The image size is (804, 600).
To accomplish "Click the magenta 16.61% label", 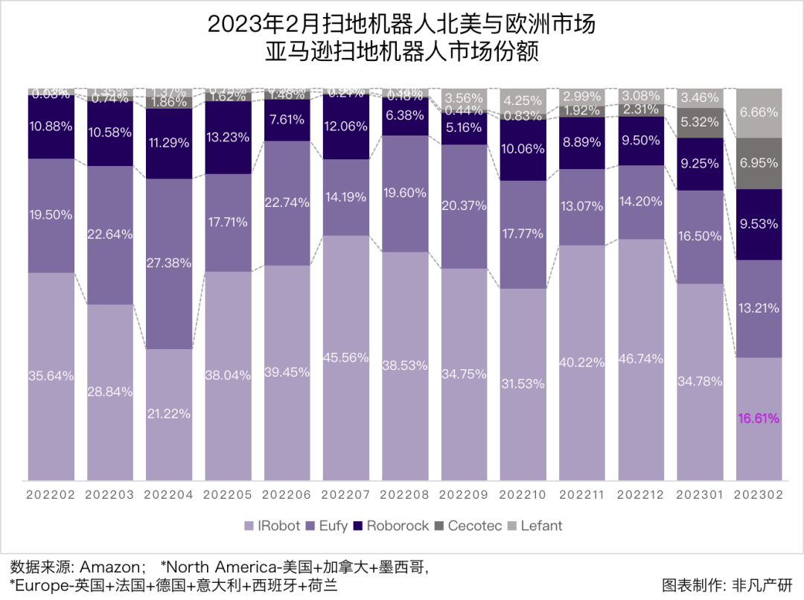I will click(759, 418).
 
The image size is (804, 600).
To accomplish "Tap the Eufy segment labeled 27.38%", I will click(169, 264).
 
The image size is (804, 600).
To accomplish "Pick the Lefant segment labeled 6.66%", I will click(759, 112).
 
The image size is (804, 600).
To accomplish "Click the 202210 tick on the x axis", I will click(521, 494).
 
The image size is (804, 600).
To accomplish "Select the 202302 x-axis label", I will click(759, 494).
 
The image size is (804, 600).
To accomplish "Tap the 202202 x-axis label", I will click(51, 494).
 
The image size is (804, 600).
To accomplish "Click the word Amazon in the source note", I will click(107, 567).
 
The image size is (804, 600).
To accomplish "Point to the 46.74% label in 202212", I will click(640, 359).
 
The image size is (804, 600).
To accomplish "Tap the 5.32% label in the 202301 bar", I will click(699, 123).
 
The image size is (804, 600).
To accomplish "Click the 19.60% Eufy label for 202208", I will click(405, 193).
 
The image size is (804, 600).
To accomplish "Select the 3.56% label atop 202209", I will click(464, 98).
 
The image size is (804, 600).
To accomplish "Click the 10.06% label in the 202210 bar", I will click(523, 149).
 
